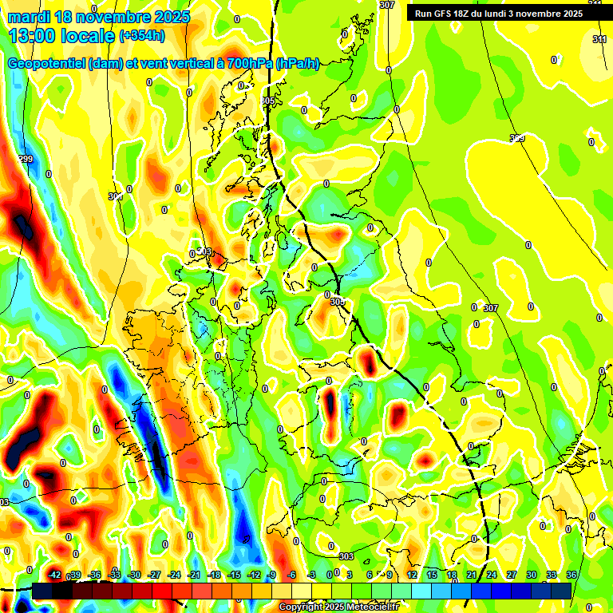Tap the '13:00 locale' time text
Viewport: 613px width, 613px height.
pyautogui.click(x=60, y=36)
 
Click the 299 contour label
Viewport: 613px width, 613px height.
pyautogui.click(x=26, y=160)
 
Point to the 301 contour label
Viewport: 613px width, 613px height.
pyautogui.click(x=116, y=196)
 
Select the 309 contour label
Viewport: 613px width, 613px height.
pyautogui.click(x=517, y=139)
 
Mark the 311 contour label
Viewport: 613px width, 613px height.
pyautogui.click(x=599, y=39)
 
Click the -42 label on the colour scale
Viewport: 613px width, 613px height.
pyautogui.click(x=55, y=575)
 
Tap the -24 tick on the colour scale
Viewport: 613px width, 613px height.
pyautogui.click(x=174, y=575)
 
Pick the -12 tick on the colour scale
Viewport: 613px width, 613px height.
pyautogui.click(x=254, y=575)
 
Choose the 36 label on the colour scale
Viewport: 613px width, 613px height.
pyautogui.click(x=571, y=575)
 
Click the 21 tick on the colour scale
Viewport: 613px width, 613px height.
pyautogui.click(x=471, y=575)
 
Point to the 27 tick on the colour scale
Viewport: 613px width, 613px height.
pyautogui.click(x=511, y=575)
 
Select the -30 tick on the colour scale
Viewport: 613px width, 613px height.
pyautogui.click(x=134, y=575)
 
